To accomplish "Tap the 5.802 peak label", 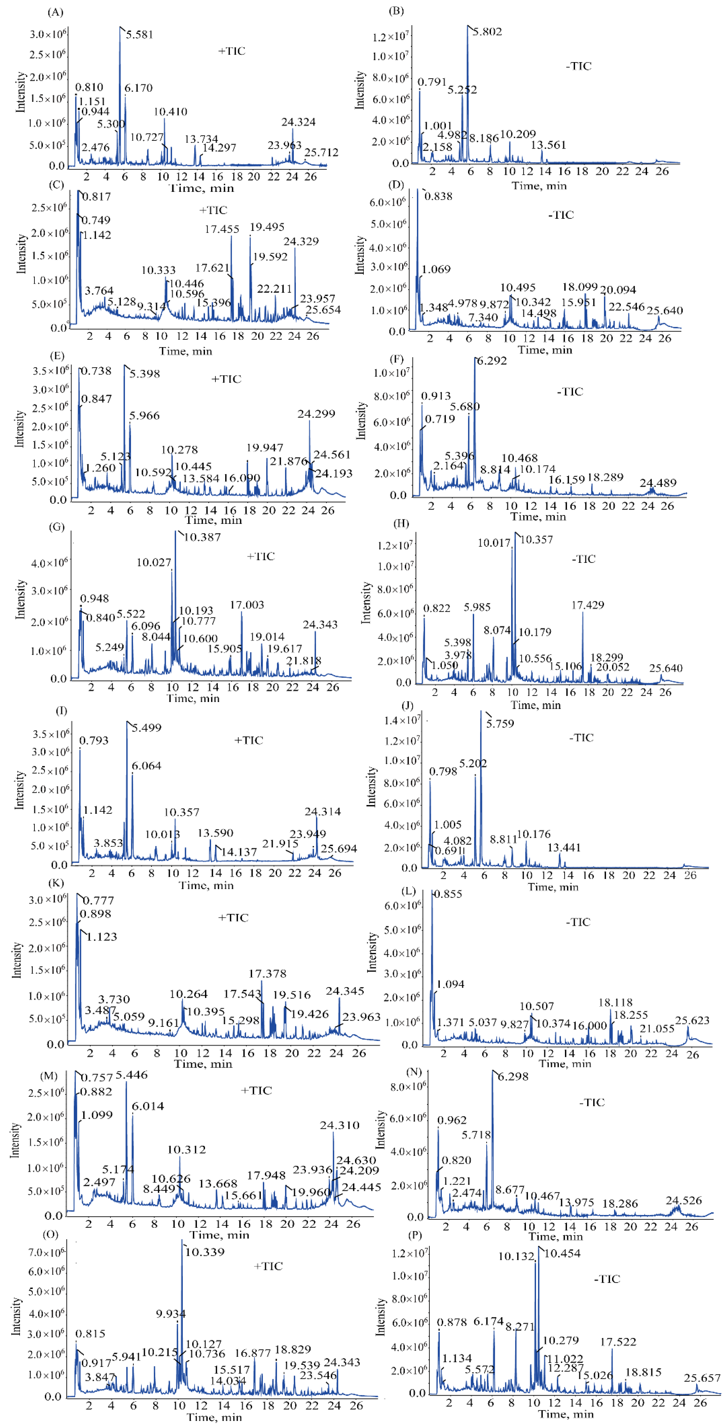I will tap(487, 32).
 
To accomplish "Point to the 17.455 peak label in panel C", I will tap(222, 229).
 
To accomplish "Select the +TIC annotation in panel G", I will tap(261, 556).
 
